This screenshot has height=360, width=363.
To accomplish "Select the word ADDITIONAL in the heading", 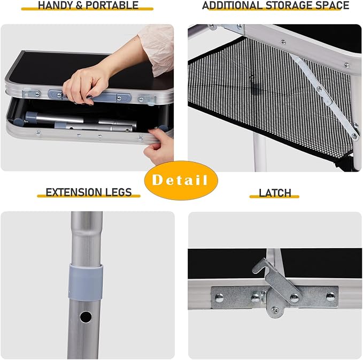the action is pos(233,5).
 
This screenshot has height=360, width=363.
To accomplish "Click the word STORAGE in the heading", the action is pos(288,5).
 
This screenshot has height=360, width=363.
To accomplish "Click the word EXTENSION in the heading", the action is pos(74,192).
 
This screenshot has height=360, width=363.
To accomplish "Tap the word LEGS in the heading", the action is pos(119,192).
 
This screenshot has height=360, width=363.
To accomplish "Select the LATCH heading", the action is pos(275,193).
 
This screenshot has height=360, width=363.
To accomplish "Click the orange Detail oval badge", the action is pos(181,180).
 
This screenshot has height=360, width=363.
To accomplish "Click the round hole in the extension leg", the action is pos(86,317).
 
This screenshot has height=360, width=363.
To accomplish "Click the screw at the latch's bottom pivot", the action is pos(275,310).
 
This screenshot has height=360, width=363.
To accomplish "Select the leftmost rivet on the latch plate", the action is pos(219,298).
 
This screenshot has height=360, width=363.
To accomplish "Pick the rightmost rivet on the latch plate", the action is pos(330,297).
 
